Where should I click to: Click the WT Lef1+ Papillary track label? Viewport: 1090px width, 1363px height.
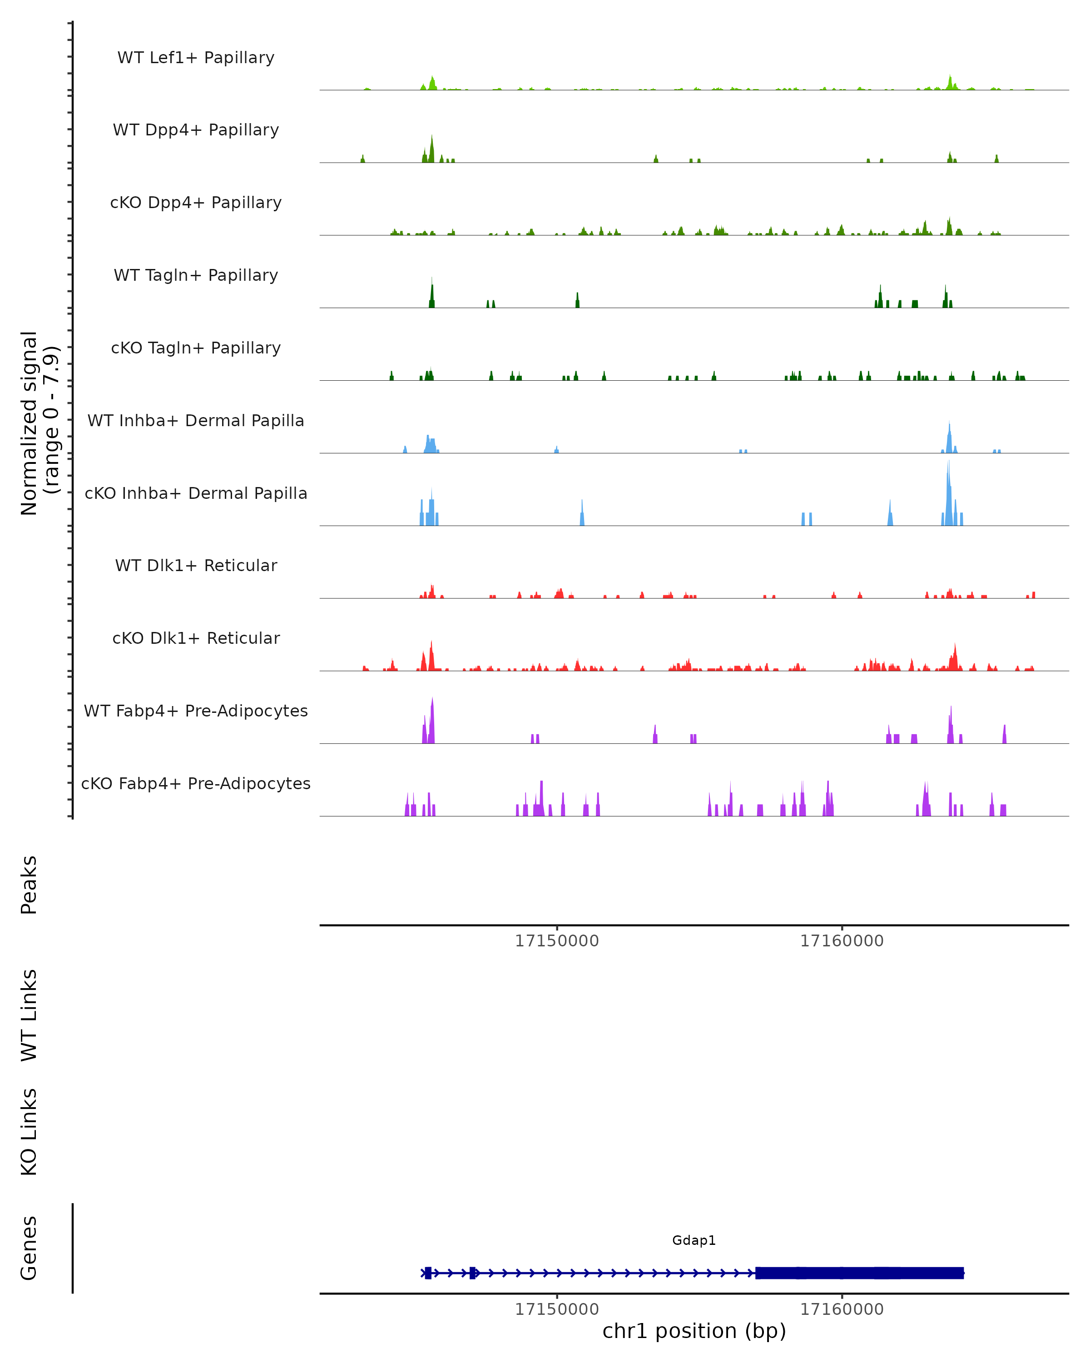click(x=196, y=58)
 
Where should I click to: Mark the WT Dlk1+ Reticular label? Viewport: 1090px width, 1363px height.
click(x=196, y=565)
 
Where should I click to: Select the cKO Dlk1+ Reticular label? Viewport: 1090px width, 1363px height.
click(x=196, y=638)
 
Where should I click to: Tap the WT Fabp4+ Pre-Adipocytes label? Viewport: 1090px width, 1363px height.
click(x=196, y=711)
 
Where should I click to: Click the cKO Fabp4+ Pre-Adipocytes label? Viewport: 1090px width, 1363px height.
click(x=196, y=783)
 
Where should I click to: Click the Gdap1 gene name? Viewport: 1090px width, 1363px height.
click(x=694, y=1240)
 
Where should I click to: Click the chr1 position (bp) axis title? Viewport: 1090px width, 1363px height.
click(x=694, y=1331)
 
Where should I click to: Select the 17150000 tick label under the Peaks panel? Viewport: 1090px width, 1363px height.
click(x=557, y=941)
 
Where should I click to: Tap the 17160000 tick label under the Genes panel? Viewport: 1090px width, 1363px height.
click(x=842, y=1309)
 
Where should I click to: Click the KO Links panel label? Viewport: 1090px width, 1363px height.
click(x=29, y=1132)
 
